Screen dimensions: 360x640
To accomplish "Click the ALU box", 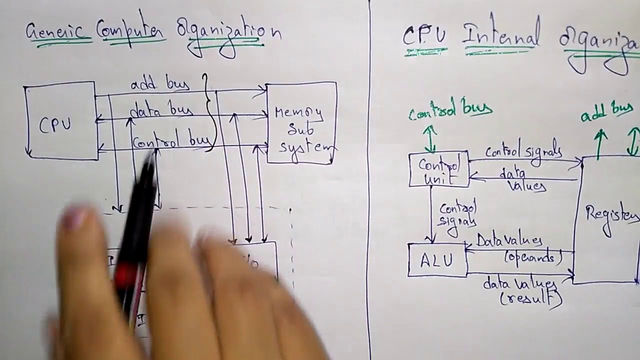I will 437,260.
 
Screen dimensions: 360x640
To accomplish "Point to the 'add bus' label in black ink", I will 160,84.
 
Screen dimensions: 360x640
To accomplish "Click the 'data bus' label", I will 161,110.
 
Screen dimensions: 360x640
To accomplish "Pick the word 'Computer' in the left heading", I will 130,31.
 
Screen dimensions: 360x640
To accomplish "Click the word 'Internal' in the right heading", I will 500,36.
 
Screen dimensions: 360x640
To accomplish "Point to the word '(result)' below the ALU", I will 531,299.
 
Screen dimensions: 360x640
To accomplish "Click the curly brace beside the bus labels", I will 210,112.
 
